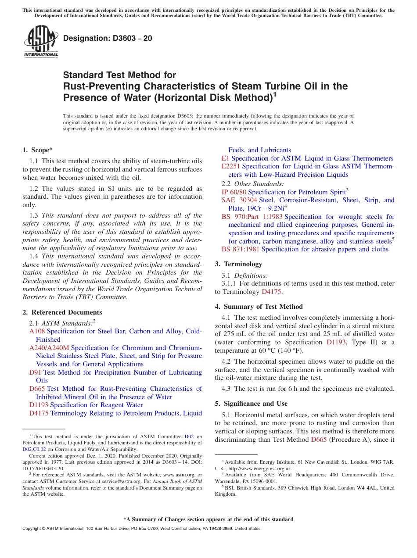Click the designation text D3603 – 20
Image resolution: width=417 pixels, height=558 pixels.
[x=108, y=38]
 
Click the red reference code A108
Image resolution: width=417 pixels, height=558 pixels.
[x=37, y=331]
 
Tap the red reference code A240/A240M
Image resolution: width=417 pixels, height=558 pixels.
[x=49, y=348]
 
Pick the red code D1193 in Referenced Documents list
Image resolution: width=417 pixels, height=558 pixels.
[x=39, y=405]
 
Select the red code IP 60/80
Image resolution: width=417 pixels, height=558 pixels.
[x=234, y=192]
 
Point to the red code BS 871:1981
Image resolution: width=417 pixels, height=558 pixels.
[x=240, y=249]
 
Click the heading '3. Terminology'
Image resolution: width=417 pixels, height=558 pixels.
[x=238, y=264]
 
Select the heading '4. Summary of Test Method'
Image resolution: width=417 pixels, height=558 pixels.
[x=259, y=307]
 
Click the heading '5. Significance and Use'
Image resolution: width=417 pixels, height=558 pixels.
[x=251, y=404]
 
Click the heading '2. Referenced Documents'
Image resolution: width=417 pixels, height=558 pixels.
[x=62, y=312]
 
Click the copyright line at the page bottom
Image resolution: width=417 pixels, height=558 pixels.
[x=141, y=529]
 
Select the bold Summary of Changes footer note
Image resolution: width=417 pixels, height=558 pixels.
[x=208, y=519]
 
